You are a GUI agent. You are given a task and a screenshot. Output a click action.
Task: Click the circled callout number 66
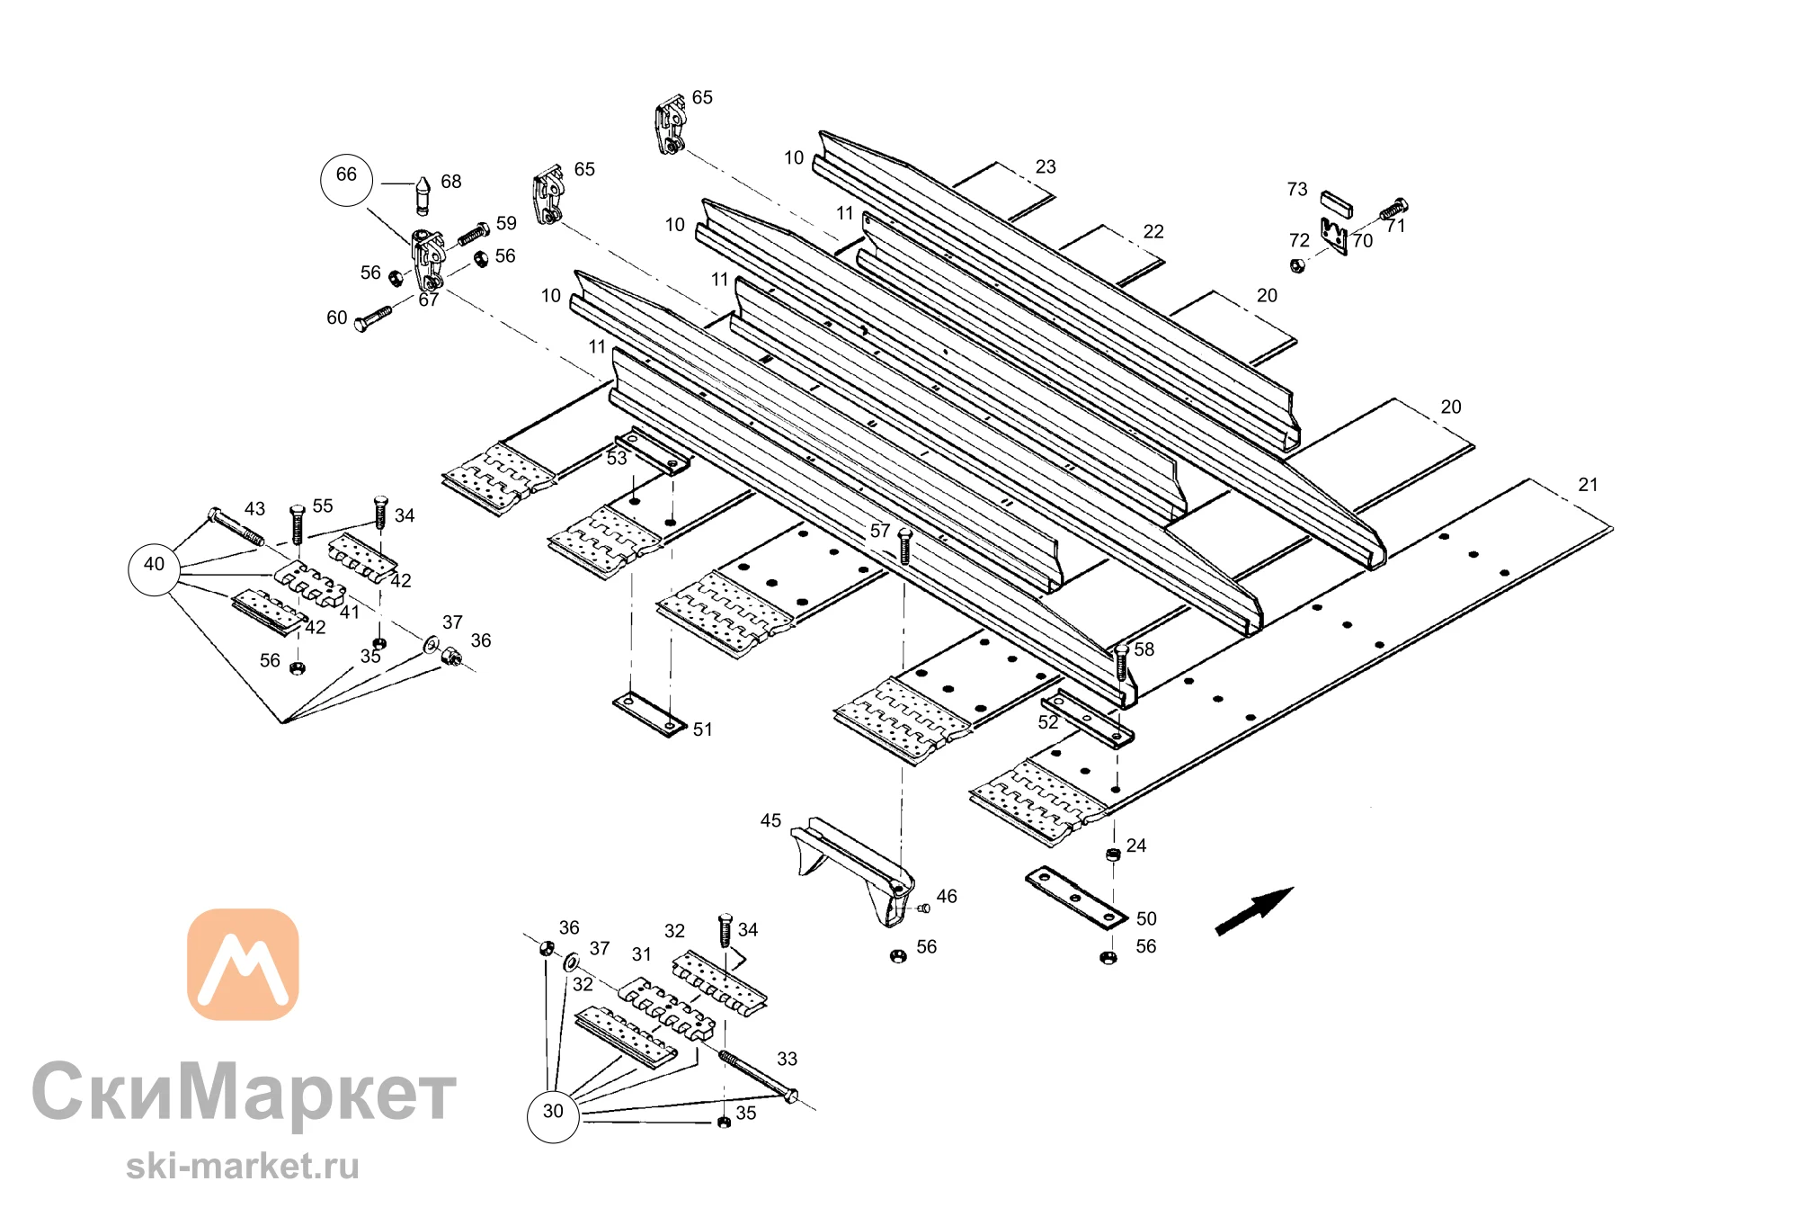(346, 180)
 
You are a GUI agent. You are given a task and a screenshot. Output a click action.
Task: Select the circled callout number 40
(155, 569)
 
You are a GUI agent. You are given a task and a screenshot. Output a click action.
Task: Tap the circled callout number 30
(553, 1116)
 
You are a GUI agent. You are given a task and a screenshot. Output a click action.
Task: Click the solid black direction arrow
(1253, 911)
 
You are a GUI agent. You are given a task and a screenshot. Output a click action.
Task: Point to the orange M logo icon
(243, 964)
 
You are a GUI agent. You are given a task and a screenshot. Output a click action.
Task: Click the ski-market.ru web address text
(243, 1167)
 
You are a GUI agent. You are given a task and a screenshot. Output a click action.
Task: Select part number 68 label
(451, 182)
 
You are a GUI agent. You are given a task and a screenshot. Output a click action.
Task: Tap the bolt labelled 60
(374, 318)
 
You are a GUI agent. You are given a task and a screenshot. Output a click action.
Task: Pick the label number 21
(1589, 485)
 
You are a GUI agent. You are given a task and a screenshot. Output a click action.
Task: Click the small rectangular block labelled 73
(1336, 204)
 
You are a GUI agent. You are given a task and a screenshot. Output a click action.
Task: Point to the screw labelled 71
(1393, 209)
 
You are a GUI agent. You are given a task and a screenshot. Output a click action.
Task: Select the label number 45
(771, 820)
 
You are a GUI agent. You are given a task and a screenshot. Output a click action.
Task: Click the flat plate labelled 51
(650, 715)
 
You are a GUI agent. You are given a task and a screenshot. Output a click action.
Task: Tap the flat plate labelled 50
(1076, 899)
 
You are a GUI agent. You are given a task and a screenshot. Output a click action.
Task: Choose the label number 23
(1046, 167)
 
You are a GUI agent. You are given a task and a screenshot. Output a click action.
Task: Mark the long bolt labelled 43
(236, 526)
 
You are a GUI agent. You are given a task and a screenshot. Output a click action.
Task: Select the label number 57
(880, 532)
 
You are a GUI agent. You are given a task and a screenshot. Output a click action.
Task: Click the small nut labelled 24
(1113, 853)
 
